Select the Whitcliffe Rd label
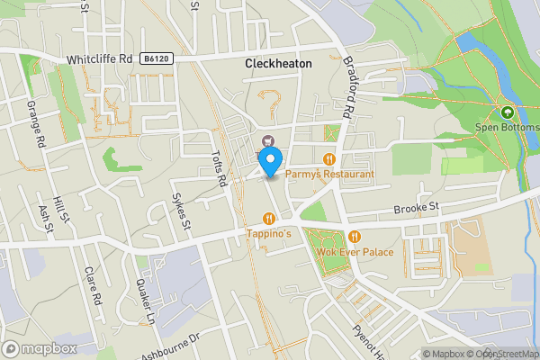[x=99, y=59]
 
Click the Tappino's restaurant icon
[x=269, y=218]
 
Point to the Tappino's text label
[x=270, y=234]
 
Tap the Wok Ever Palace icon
[x=355, y=237]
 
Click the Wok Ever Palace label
[x=355, y=251]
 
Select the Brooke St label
[x=415, y=209]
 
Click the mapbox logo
[x=39, y=348]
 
